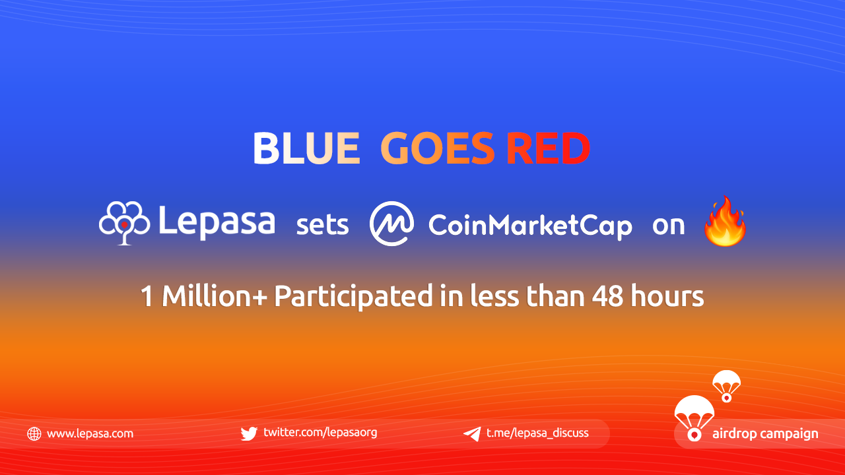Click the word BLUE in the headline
click(x=306, y=148)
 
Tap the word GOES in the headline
click(x=437, y=148)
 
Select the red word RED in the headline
click(x=549, y=148)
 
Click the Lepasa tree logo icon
click(x=125, y=223)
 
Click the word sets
click(x=323, y=226)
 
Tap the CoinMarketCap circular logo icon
click(x=391, y=224)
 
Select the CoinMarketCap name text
click(x=530, y=226)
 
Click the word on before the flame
click(x=669, y=226)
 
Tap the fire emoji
click(x=725, y=222)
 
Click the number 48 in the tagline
click(x=607, y=296)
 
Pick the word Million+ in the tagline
click(x=215, y=296)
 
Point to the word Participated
click(x=353, y=297)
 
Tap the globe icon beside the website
click(x=34, y=434)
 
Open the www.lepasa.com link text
click(x=90, y=434)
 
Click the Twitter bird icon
click(x=249, y=433)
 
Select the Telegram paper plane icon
click(x=472, y=434)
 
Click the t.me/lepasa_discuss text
click(x=537, y=433)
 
